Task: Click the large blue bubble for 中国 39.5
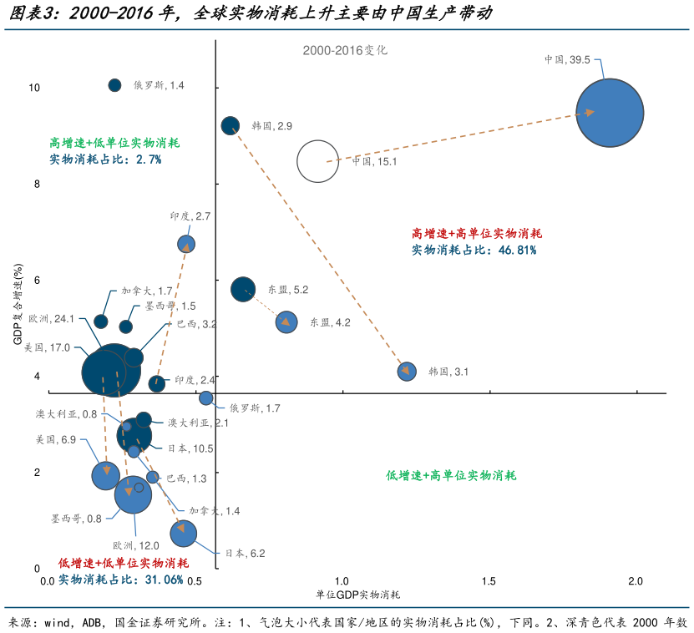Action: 610,113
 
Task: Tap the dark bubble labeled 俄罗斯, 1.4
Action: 115,85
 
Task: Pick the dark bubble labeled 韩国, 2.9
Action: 230,125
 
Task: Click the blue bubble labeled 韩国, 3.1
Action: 407,372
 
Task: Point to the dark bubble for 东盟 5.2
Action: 243,290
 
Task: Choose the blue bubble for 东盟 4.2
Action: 286,322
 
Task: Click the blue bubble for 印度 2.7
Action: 186,244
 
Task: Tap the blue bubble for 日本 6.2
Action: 183,533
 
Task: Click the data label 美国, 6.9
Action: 56,439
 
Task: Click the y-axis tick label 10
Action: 34,87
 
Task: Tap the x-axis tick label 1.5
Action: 488,580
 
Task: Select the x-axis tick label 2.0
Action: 636,580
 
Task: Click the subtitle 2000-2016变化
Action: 345,50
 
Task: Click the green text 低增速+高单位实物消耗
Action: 451,475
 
